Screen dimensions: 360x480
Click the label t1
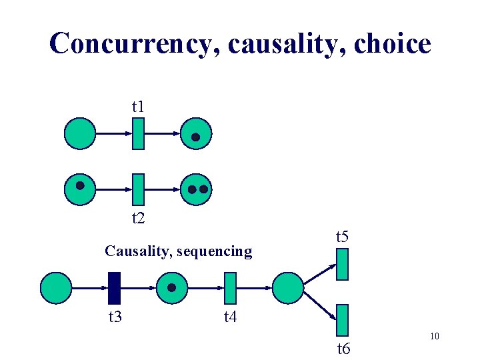138,106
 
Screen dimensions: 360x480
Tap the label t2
138,217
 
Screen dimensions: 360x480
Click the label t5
342,236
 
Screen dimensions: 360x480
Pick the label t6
343,348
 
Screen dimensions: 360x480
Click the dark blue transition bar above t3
115,288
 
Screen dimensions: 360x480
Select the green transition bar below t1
138,133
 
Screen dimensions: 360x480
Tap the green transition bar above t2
138,189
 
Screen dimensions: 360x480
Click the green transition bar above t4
231,288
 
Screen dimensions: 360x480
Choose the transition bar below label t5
343,264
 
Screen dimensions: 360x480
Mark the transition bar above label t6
343,320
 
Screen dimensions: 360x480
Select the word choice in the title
393,44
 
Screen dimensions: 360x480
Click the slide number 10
434,336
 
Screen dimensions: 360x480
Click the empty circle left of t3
56,288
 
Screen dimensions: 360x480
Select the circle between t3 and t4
173,288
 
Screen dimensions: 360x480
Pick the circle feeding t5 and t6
288,288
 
